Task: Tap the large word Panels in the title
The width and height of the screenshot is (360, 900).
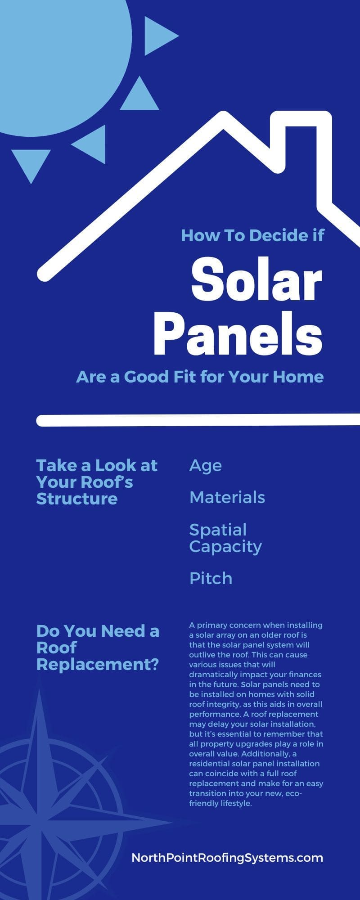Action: [x=238, y=335]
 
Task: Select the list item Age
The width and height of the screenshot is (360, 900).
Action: [x=205, y=466]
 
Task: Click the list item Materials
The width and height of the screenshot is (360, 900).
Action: [x=227, y=497]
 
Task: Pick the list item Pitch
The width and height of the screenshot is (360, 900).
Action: [x=211, y=578]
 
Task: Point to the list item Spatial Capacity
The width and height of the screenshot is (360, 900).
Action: [x=225, y=538]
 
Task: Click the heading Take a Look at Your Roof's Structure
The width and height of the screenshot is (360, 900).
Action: [x=96, y=482]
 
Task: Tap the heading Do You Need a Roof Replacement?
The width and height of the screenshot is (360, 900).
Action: [x=98, y=648]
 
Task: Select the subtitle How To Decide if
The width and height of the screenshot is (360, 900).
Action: [x=252, y=235]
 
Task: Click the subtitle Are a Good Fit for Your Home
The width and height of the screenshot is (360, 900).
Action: [x=200, y=376]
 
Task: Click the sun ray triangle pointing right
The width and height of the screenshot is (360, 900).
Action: [x=158, y=36]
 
